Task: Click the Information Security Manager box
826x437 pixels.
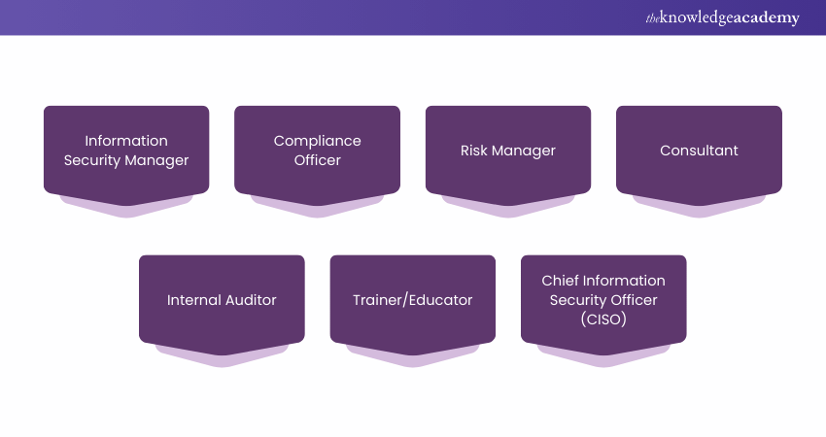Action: (x=126, y=151)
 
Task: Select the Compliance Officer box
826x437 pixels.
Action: (x=317, y=151)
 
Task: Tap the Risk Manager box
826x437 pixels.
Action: (x=508, y=151)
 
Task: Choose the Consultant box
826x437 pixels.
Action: (x=699, y=151)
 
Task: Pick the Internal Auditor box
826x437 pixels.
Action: (x=222, y=300)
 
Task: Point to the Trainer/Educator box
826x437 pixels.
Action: (x=413, y=300)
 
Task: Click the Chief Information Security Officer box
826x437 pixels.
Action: (x=603, y=300)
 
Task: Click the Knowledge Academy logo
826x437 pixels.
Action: (x=722, y=17)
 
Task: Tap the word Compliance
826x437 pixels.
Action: (x=317, y=141)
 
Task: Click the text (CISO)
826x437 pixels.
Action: (x=603, y=319)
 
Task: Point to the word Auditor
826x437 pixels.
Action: (x=252, y=300)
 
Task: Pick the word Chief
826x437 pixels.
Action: (x=561, y=281)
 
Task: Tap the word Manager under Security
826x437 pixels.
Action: (x=159, y=160)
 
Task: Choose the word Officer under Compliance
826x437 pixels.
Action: (x=317, y=160)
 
